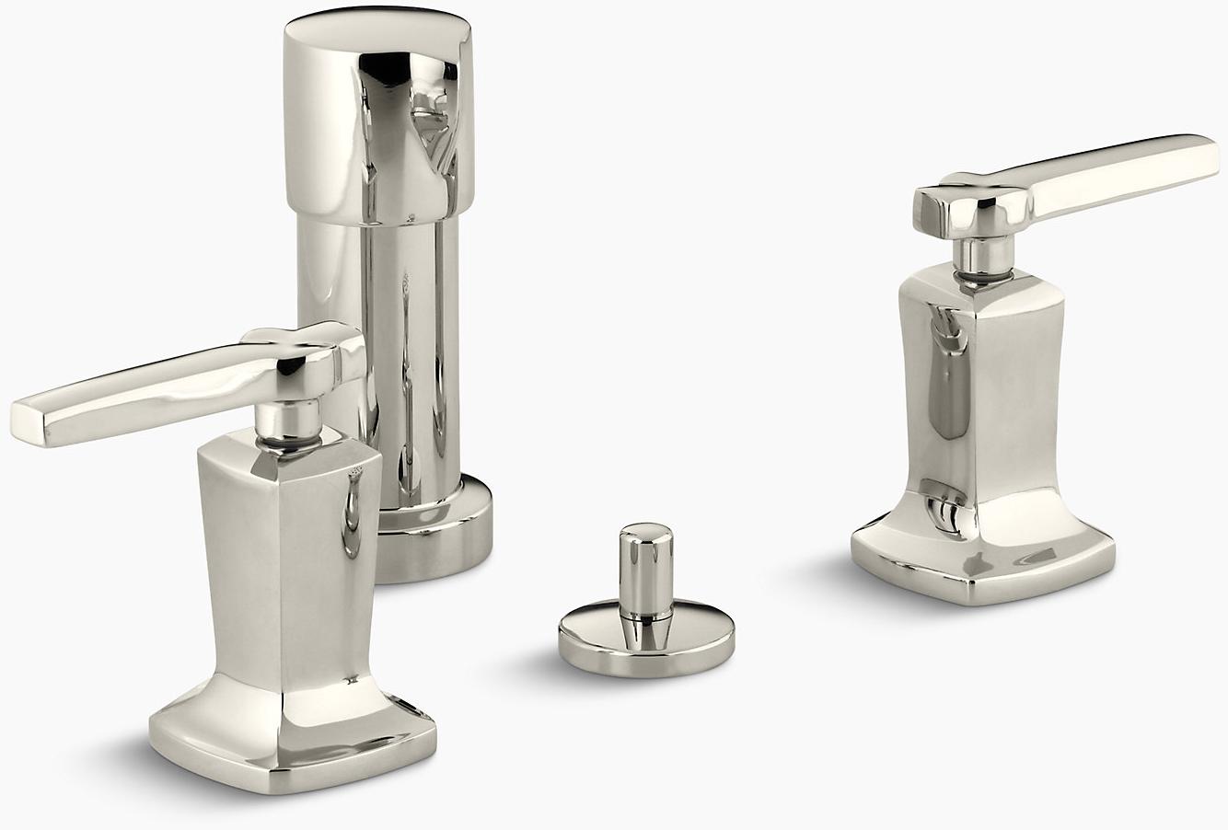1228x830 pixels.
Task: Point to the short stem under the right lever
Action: [x=981, y=253]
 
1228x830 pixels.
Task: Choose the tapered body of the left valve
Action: [x=287, y=552]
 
